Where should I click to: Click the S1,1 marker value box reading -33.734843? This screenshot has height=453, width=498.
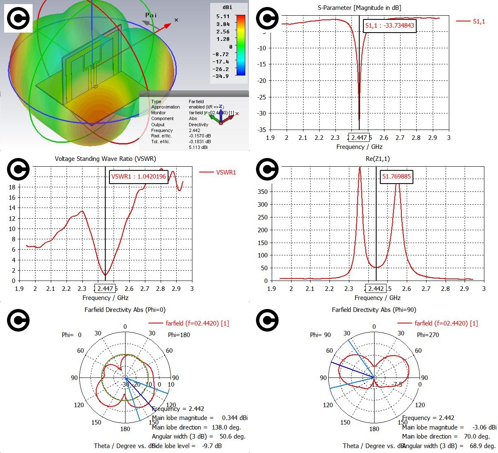tap(389, 26)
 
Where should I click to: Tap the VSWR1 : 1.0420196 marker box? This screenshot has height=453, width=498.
tap(138, 177)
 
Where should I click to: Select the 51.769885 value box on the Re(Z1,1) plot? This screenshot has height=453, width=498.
tap(396, 177)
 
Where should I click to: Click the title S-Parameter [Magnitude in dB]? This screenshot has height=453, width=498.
tap(359, 8)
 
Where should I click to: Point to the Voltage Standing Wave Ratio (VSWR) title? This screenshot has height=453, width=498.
tap(105, 158)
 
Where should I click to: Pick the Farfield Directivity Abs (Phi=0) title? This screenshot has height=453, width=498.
tap(125, 309)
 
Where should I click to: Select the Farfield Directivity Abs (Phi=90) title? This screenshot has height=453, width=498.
tap(374, 309)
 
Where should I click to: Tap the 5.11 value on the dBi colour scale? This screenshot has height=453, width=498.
tap(223, 17)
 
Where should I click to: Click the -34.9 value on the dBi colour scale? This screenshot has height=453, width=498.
tap(221, 76)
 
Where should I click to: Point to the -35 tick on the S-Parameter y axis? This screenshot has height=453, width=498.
tap(261, 130)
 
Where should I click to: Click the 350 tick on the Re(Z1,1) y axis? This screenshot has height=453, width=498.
tap(262, 191)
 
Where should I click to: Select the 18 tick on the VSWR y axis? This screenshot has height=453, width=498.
tap(12, 187)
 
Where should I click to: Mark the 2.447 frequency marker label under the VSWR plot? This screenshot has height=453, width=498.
tap(105, 288)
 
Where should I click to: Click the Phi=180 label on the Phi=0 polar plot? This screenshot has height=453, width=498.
tap(179, 335)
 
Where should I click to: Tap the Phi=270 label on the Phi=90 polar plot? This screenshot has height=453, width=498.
tap(428, 335)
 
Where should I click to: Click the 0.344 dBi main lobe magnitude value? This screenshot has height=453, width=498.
tap(235, 418)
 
